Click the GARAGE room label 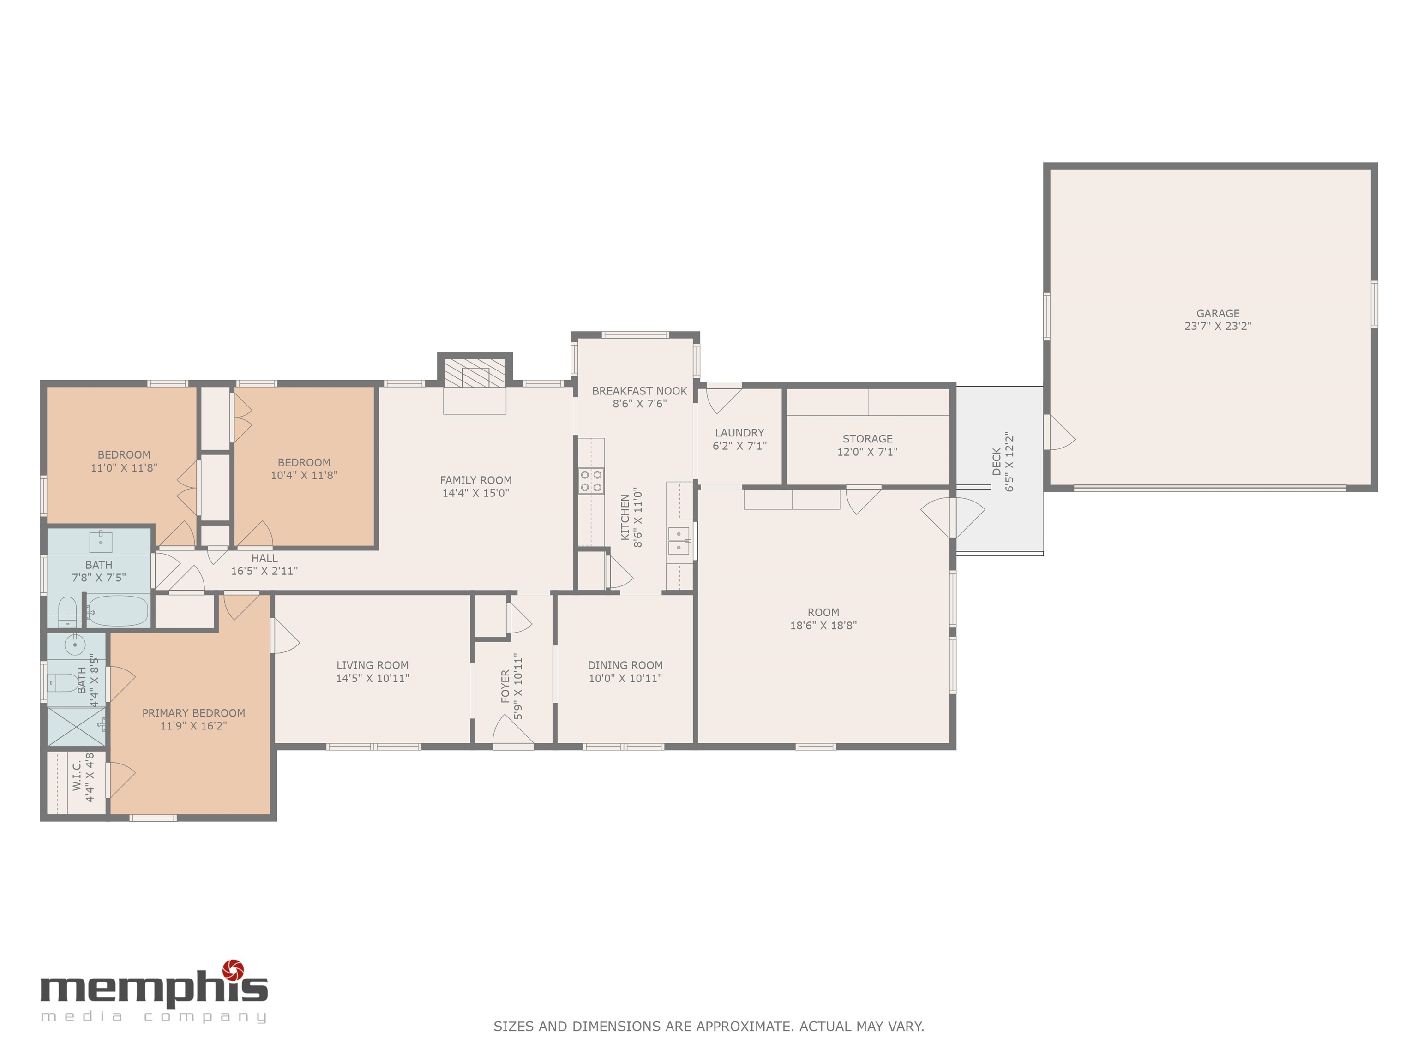click(1217, 313)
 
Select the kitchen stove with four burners click(591, 481)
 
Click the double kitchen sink click(678, 541)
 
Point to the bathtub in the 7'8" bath click(118, 611)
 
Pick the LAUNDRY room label click(739, 432)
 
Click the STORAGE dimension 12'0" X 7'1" click(867, 452)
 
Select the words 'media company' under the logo click(153, 1017)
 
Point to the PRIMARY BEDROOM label click(193, 712)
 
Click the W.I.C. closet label click(77, 776)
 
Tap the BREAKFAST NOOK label click(639, 391)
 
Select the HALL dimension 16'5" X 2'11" click(264, 571)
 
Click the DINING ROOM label click(625, 665)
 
